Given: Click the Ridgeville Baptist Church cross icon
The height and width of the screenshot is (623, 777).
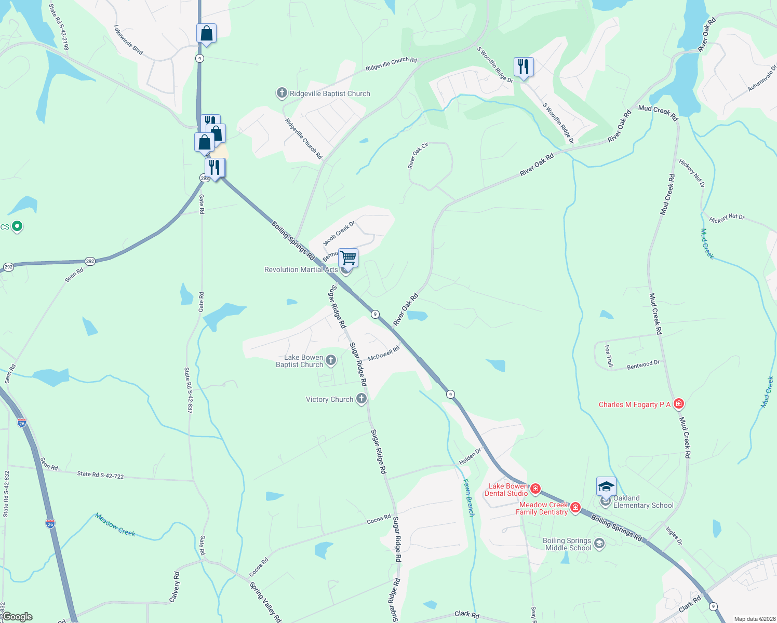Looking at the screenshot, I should click(x=282, y=93).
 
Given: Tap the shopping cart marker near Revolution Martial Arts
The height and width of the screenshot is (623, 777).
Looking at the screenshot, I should click(x=349, y=258).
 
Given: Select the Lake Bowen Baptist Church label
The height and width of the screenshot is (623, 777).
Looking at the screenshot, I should click(x=300, y=361).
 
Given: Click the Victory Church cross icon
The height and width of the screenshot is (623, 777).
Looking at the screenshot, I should click(x=361, y=399).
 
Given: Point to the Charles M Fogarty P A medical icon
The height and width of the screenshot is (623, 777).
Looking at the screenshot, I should click(x=678, y=404).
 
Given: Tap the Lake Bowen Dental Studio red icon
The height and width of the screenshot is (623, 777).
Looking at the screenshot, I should click(x=535, y=489).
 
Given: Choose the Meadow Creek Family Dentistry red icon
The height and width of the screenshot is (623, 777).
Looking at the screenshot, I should click(x=575, y=508).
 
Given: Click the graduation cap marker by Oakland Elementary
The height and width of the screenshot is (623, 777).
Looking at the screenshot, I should click(x=606, y=486).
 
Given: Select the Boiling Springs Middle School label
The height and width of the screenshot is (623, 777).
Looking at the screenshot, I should click(x=567, y=544).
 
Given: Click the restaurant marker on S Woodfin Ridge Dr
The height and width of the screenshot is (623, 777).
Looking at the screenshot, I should click(x=524, y=67).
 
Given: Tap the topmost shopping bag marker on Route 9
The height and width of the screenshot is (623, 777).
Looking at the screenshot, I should click(x=206, y=34).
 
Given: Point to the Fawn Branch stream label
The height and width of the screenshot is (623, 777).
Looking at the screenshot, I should click(x=468, y=498).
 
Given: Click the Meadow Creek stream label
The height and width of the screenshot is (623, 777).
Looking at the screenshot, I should click(x=115, y=524).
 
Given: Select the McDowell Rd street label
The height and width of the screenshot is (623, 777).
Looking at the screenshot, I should click(x=384, y=354).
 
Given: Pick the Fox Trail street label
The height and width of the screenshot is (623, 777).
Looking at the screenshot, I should click(x=609, y=357).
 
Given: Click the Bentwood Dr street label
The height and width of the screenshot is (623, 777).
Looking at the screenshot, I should click(x=643, y=365).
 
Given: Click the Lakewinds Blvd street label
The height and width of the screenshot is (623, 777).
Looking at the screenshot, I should click(x=128, y=40).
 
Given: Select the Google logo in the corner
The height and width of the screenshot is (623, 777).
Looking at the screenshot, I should click(x=17, y=617).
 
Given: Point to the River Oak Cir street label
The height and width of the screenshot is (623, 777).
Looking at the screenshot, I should click(x=418, y=156).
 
